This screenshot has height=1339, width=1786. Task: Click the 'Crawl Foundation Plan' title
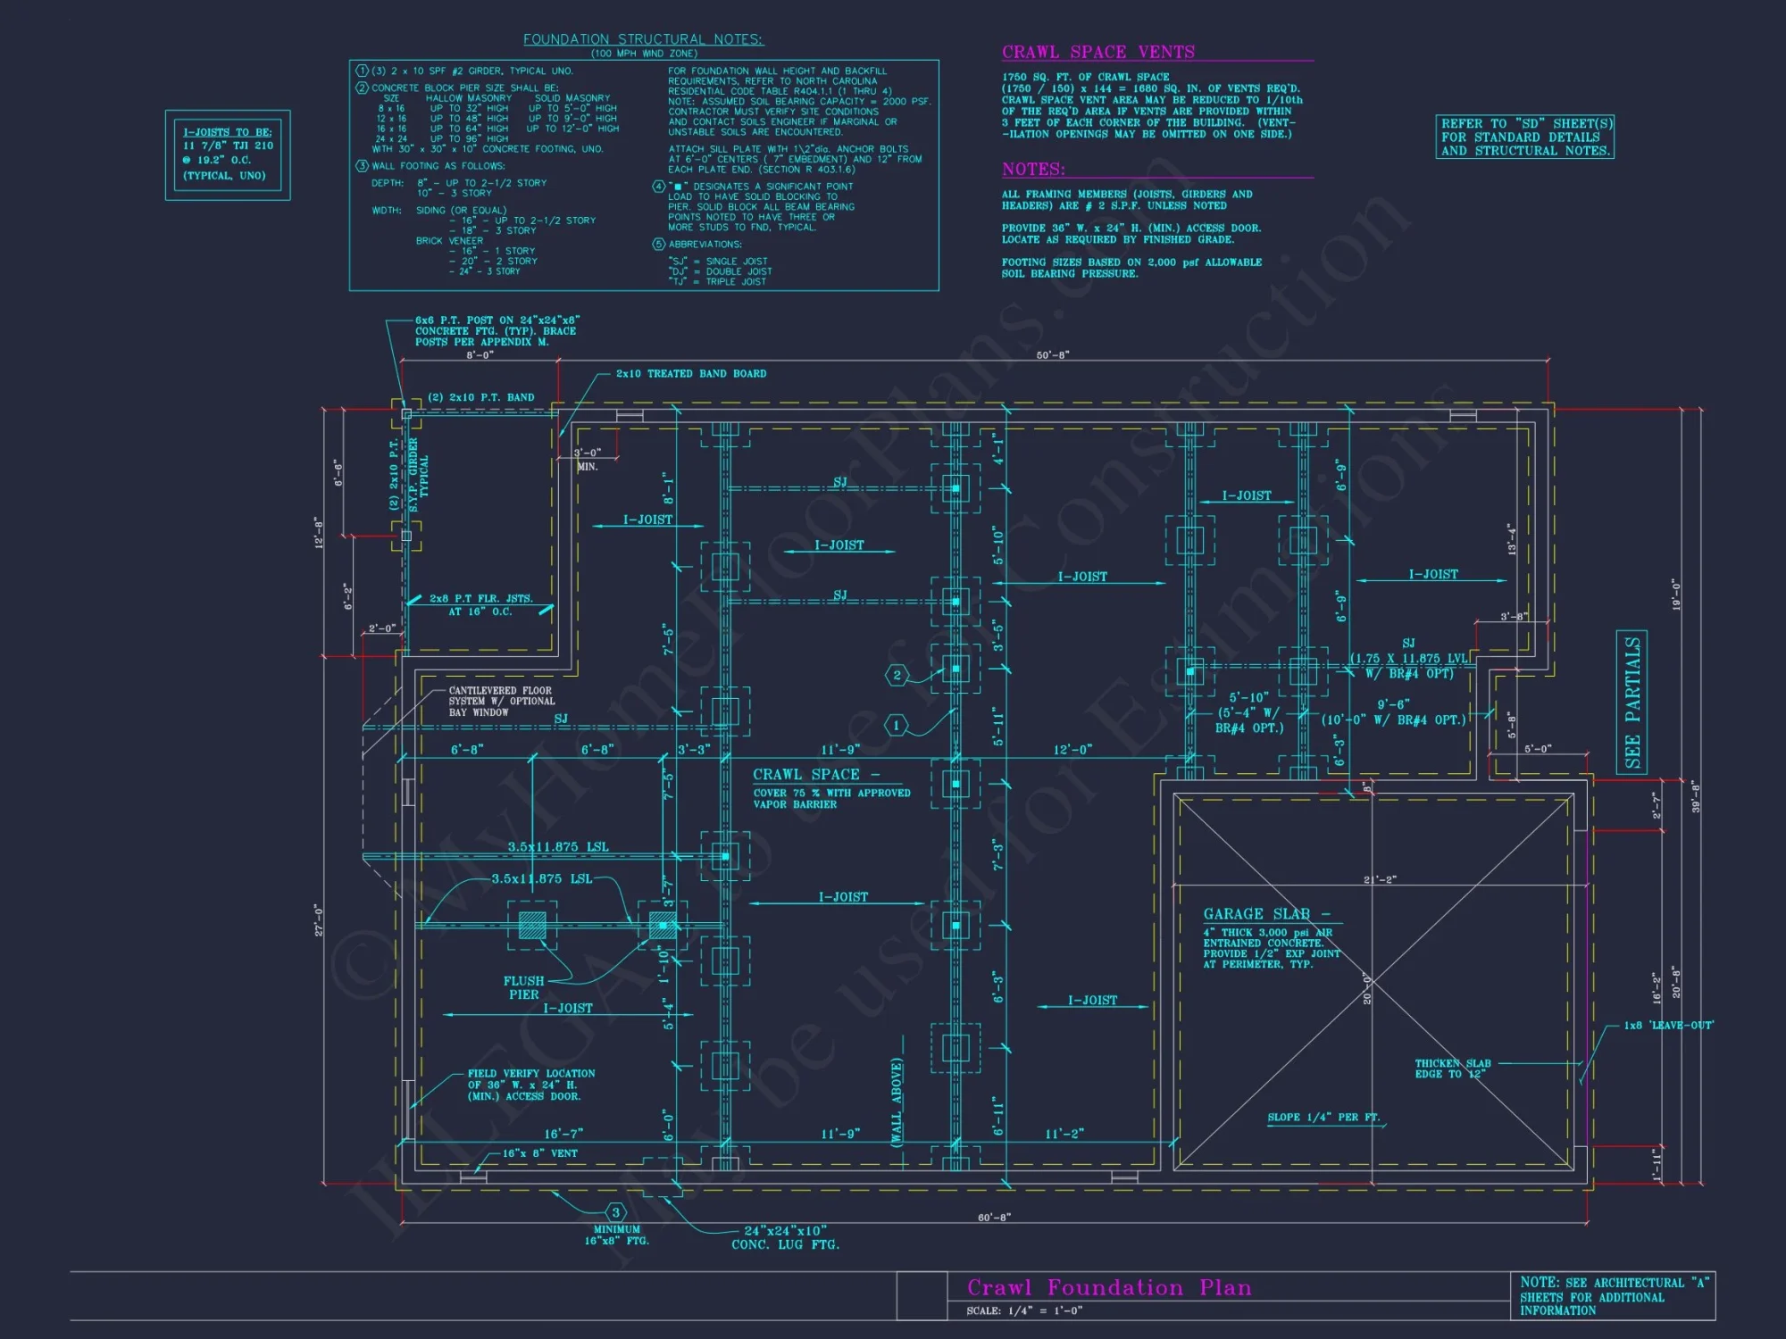click(x=1109, y=1287)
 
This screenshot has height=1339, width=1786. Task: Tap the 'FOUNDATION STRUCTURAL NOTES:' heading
click(x=643, y=39)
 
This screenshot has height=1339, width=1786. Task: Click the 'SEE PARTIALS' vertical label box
click(x=1632, y=702)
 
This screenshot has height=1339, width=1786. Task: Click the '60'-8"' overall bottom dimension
click(x=994, y=1218)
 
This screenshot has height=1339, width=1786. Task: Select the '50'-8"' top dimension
click(x=1053, y=355)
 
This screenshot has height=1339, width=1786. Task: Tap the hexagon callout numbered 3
click(x=615, y=1212)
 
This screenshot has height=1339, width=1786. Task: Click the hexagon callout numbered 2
click(x=897, y=675)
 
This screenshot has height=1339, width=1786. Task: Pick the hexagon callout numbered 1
click(x=897, y=726)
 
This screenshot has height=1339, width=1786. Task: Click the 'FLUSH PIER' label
click(x=523, y=987)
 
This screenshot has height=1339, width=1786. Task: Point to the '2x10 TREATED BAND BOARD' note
click(x=690, y=374)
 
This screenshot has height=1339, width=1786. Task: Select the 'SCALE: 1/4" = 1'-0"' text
click(x=1023, y=1310)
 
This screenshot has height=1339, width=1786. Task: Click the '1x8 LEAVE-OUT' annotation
click(x=1667, y=1026)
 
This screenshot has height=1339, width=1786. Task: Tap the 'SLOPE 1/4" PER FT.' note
click(x=1323, y=1118)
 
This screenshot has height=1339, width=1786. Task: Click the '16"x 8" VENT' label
click(x=539, y=1153)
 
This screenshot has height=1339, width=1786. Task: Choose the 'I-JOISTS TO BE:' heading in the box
click(x=228, y=132)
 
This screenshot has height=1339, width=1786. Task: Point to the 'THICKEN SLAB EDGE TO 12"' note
click(x=1452, y=1069)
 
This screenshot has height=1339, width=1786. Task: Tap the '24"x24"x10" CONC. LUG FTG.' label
click(x=785, y=1237)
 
